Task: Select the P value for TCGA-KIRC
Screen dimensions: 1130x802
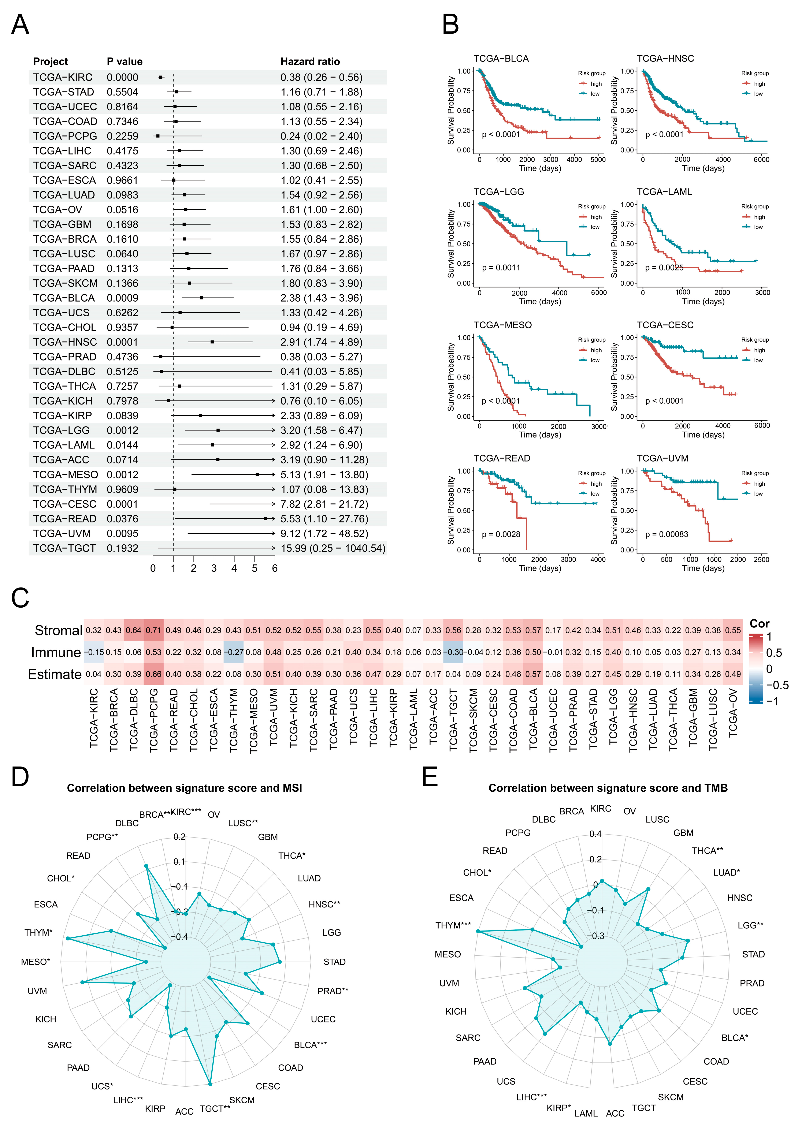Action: pyautogui.click(x=122, y=78)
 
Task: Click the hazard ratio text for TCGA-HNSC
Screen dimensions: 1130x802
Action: pyautogui.click(x=321, y=342)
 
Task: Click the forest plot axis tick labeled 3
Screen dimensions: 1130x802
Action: pyautogui.click(x=214, y=568)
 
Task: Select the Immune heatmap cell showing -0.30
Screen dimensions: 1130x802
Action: pyautogui.click(x=453, y=652)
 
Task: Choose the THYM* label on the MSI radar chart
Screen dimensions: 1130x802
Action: pyautogui.click(x=38, y=933)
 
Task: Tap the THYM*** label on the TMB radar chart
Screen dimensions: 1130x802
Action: pyautogui.click(x=453, y=925)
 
